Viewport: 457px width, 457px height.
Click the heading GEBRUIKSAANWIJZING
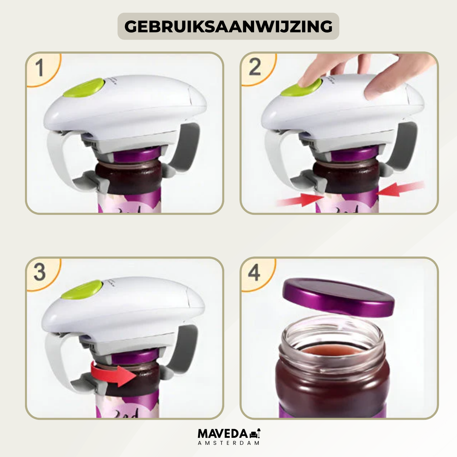pyautogui.click(x=228, y=27)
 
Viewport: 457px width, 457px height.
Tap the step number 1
pyautogui.click(x=39, y=68)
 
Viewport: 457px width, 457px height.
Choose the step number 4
pyautogui.click(x=254, y=272)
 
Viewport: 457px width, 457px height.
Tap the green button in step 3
pyautogui.click(x=82, y=289)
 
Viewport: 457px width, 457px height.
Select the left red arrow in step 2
pyautogui.click(x=300, y=200)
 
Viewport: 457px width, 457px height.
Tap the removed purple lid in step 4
pyautogui.click(x=338, y=297)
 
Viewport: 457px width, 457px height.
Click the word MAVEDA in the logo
pyautogui.click(x=223, y=434)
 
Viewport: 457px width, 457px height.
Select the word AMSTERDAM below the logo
pyautogui.click(x=228, y=443)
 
